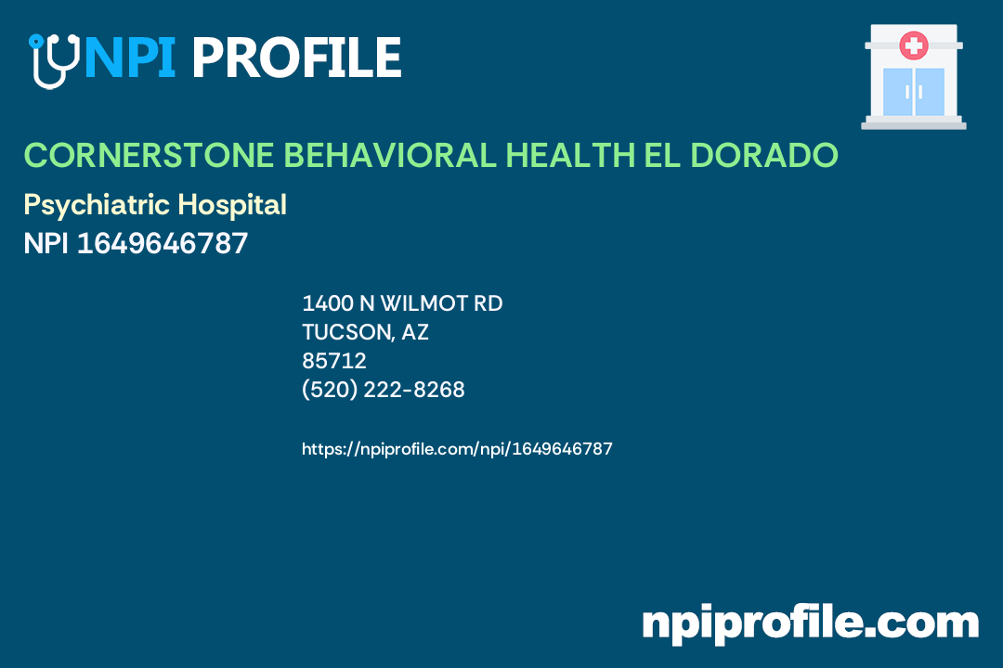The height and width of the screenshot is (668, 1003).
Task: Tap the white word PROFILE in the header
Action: coord(296,58)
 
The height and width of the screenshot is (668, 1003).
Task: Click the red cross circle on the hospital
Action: coord(914,45)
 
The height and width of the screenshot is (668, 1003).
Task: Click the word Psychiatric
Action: coord(98,205)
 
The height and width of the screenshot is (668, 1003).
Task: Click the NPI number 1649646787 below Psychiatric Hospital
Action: coord(163,244)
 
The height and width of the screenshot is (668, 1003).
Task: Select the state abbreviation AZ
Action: coord(415,332)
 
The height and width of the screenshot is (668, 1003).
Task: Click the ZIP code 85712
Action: coord(334,361)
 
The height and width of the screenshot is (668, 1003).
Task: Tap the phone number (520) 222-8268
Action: coord(384,391)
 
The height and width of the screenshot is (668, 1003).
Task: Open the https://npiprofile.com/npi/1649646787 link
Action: coord(457,449)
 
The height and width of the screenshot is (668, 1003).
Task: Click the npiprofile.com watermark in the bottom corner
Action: coord(810,623)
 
